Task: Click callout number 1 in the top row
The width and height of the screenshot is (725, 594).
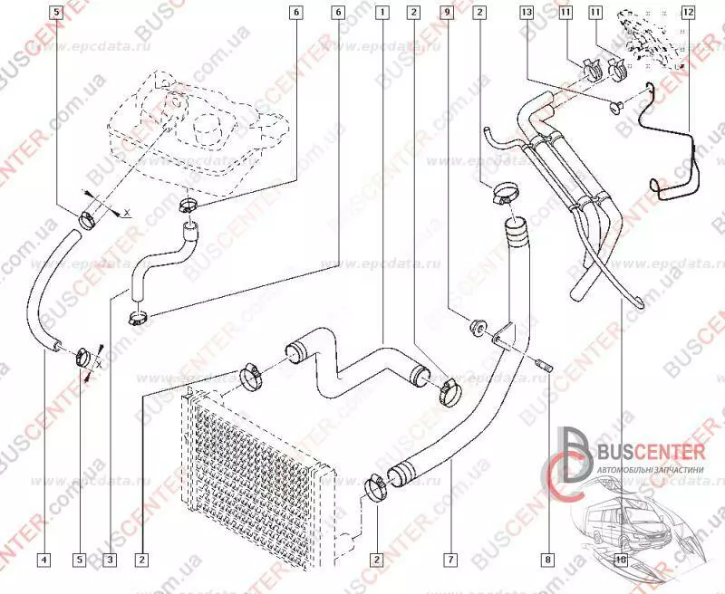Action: tap(384, 13)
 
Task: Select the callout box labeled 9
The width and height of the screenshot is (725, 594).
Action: tap(446, 13)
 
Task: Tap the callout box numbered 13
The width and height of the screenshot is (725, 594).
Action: tap(527, 13)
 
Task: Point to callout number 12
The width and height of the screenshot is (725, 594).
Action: tap(689, 13)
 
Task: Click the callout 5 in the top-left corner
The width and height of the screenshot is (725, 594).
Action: tap(56, 13)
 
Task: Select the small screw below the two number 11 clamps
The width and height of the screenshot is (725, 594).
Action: tap(616, 109)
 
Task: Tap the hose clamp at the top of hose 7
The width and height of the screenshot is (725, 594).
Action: tap(504, 193)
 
